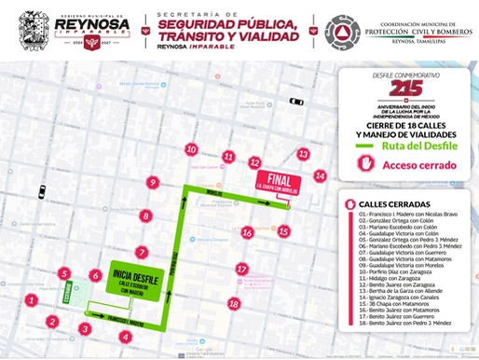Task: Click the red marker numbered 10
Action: coord(191,149)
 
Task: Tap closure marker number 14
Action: coord(320,175)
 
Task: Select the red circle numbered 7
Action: coord(142,253)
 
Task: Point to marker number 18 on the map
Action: coord(234,303)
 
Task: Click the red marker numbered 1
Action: coord(32,300)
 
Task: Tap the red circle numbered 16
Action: coord(248,231)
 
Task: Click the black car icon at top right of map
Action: coord(296,101)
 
